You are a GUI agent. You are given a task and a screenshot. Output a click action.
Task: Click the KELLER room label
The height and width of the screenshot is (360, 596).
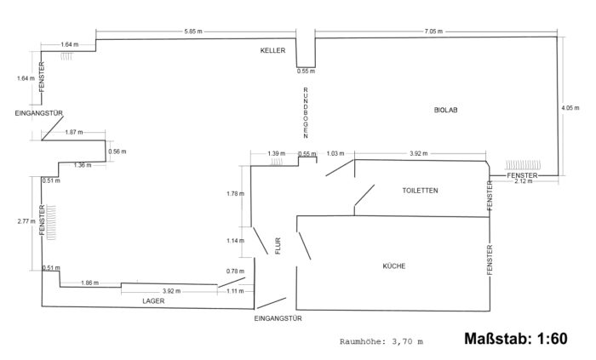[272, 51]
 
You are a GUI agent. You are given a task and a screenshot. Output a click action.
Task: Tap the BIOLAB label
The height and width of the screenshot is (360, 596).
[445, 110]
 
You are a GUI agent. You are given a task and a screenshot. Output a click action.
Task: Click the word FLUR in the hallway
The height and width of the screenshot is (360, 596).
[277, 245]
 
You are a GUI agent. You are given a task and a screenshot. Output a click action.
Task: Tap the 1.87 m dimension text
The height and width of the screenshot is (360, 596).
[74, 132]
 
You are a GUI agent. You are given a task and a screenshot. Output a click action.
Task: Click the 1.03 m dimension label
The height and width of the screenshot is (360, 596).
[335, 153]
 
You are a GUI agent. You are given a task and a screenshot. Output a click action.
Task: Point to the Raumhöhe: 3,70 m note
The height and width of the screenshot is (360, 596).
[381, 341]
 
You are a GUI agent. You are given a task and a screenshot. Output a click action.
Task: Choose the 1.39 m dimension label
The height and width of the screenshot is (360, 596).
[275, 153]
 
